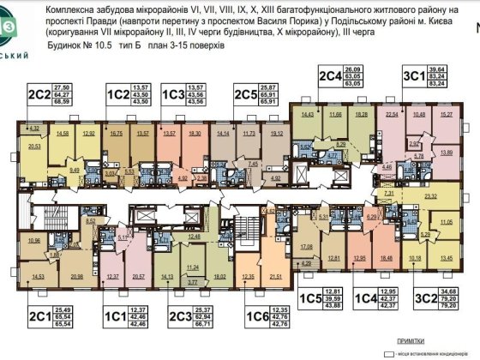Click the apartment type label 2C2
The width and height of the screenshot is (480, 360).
[38, 93]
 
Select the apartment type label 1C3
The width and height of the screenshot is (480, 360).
[174, 93]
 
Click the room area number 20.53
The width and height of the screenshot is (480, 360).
[35, 147]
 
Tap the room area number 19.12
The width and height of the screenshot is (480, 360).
[275, 134]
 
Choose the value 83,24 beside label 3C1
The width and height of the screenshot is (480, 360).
[461, 84]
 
